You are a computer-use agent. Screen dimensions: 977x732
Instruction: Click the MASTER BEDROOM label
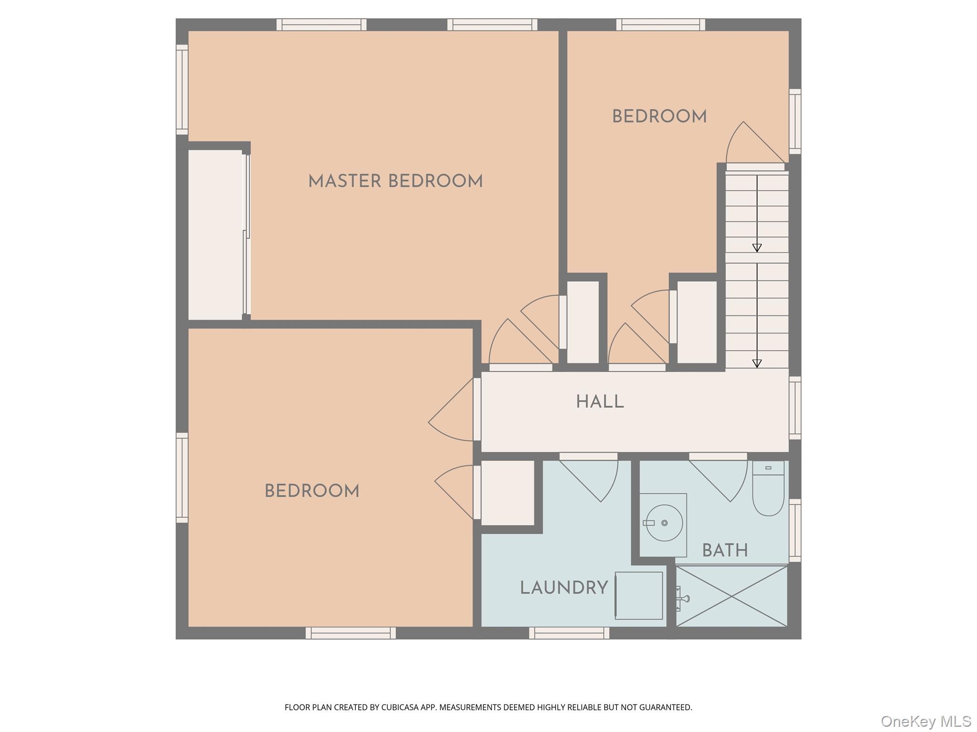point(395,182)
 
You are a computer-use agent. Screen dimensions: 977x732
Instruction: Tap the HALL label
point(600,402)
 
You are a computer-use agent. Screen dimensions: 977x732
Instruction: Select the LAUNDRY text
point(564,588)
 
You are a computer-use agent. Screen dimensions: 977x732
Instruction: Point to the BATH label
point(725,551)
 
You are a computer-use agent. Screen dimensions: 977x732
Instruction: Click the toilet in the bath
point(768,488)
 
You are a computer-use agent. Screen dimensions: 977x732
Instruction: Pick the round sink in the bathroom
point(664,523)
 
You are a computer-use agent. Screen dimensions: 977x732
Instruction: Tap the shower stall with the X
point(731,596)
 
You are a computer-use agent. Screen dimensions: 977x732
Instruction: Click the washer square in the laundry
point(639,595)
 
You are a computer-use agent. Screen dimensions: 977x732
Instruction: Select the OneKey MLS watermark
point(926,721)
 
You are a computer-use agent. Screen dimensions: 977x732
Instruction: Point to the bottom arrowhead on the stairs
point(757,363)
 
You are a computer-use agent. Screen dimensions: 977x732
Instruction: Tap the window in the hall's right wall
point(795,408)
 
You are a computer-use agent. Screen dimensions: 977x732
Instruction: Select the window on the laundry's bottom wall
point(569,633)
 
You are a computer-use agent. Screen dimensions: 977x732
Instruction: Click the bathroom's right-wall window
point(795,530)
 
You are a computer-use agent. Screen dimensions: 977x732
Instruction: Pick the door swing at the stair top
point(756,142)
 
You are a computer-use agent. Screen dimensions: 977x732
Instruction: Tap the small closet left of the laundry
point(508,493)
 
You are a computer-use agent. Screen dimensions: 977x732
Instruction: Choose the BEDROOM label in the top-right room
point(659,117)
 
